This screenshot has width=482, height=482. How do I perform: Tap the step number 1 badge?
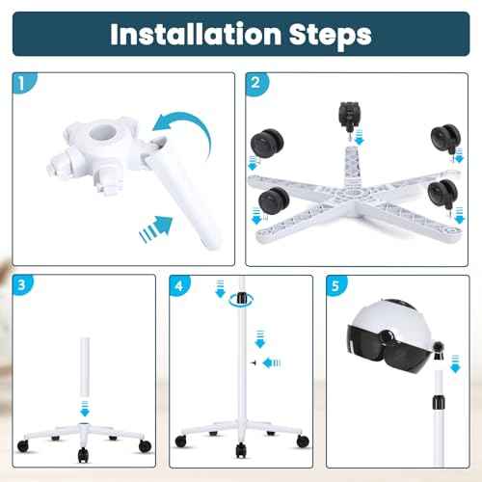(x=20, y=86)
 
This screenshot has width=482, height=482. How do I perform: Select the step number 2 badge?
(x=255, y=86)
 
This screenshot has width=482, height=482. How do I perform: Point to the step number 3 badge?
(x=20, y=287)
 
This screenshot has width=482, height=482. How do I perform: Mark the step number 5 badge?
(x=335, y=287)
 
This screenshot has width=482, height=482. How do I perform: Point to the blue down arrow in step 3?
(x=84, y=408)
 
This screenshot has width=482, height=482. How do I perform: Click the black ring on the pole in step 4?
(x=239, y=302)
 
